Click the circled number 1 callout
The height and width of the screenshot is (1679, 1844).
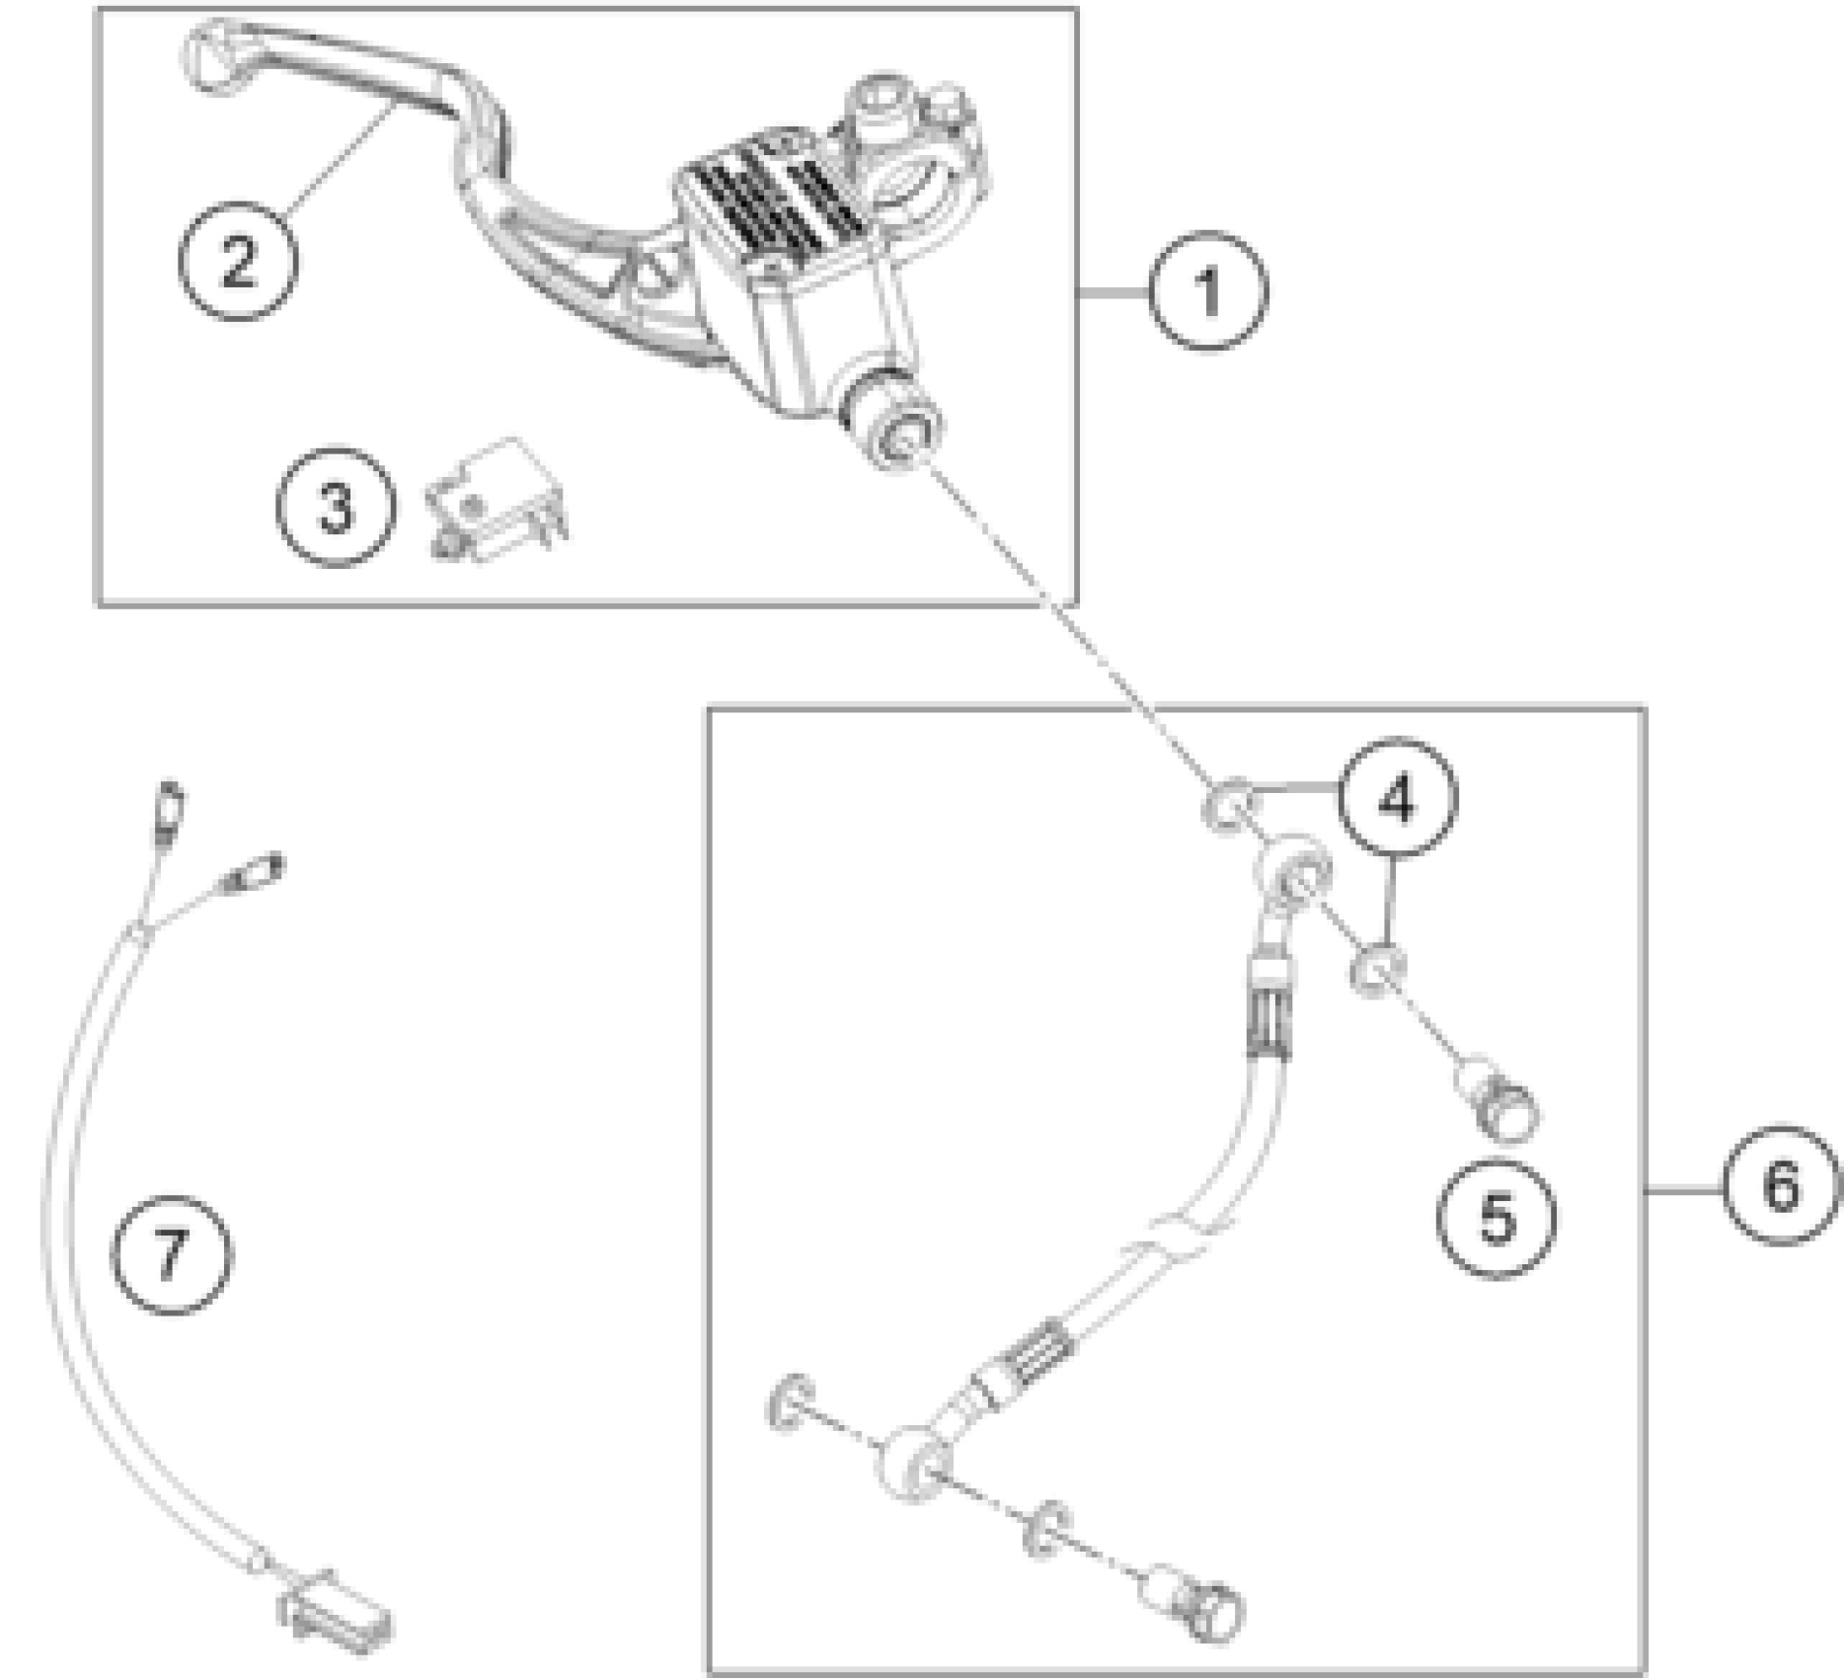tap(1207, 291)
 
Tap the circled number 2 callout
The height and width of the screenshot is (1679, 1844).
tap(237, 261)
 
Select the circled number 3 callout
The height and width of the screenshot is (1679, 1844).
tap(336, 508)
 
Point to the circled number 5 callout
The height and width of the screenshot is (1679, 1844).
tap(1496, 1218)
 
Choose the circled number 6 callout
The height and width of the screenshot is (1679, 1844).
tap(1781, 1184)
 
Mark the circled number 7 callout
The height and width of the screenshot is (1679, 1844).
tap(172, 1253)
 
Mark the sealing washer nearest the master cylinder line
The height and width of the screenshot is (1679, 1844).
tap(1227, 803)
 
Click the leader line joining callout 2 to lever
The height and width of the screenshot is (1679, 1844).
tap(336, 158)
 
